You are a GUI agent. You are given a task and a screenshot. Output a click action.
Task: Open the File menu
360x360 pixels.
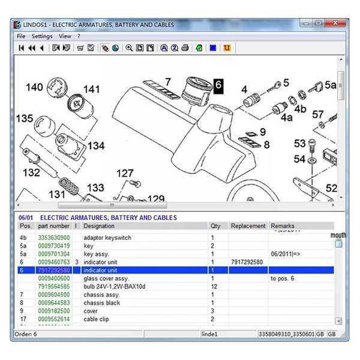(21, 36)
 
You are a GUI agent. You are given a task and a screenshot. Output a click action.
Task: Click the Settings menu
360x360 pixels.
(42, 36)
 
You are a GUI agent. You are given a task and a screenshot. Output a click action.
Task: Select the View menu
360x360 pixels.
(65, 36)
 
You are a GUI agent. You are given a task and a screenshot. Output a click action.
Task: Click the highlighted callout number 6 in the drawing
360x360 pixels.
(218, 86)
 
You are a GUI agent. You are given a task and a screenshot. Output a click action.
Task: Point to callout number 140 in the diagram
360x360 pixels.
(34, 88)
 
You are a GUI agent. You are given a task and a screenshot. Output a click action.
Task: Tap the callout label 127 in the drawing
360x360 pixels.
(125, 174)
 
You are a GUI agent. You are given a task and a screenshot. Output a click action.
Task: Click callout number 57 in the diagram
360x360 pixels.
(318, 115)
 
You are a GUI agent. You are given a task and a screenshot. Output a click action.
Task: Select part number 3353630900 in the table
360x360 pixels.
(54, 238)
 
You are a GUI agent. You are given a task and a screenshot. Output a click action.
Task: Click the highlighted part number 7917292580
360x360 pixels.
(54, 271)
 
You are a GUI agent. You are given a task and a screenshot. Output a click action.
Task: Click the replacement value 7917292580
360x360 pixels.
(247, 262)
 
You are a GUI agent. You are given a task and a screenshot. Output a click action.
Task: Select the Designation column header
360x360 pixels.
(99, 226)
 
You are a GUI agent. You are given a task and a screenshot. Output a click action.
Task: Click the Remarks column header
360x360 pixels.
(283, 226)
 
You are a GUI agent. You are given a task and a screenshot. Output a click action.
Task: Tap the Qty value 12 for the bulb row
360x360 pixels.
(213, 287)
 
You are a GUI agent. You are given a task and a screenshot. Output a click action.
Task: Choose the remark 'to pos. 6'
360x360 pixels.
(281, 278)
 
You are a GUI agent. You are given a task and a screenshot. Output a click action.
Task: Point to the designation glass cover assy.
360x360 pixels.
(106, 278)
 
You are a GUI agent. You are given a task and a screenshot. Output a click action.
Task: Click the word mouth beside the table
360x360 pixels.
(338, 235)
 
